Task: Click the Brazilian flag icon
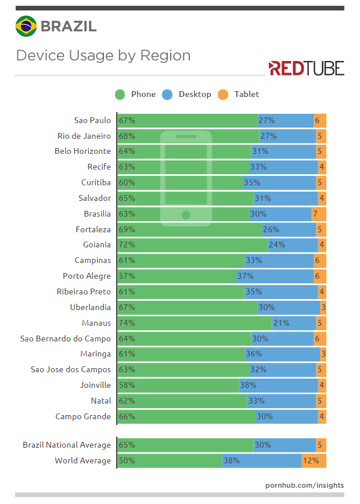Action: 26,26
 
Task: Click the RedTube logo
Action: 306,68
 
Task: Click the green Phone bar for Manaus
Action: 195,323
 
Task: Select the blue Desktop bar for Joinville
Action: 278,385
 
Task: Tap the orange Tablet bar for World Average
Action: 314,460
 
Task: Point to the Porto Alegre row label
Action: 87,276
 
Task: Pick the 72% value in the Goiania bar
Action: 127,244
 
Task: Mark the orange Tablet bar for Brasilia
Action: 318,214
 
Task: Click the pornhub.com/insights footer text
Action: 304,485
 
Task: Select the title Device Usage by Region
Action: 103,56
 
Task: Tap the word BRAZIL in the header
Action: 69,26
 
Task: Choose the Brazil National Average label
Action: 67,445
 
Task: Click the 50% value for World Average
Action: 127,460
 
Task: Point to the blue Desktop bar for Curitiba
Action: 279,182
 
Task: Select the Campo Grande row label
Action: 83,416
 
